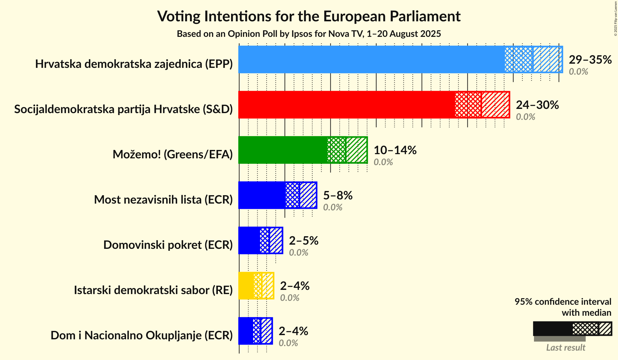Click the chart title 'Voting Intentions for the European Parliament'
(309, 16)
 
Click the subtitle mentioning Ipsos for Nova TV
(309, 34)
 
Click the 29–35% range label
(590, 60)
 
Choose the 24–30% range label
(537, 105)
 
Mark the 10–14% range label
(395, 150)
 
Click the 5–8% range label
(338, 196)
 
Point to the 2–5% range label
(304, 241)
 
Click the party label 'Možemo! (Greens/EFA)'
(173, 154)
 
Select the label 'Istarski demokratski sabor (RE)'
(153, 290)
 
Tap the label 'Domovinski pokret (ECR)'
(168, 245)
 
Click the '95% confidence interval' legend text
(563, 302)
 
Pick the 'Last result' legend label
(566, 348)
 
